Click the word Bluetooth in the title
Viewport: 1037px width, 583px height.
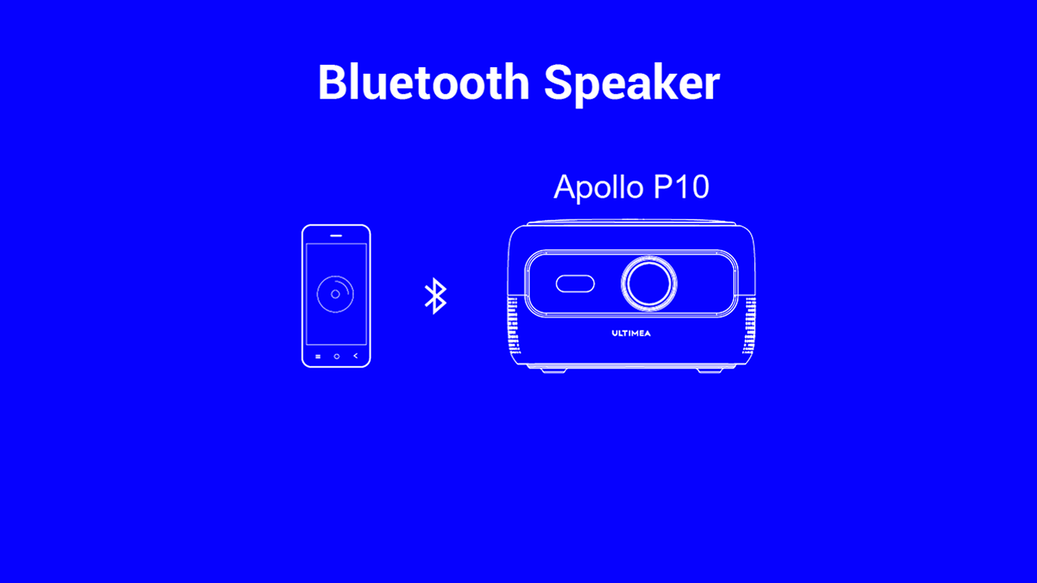pyautogui.click(x=424, y=83)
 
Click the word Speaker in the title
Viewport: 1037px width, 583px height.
pyautogui.click(x=632, y=86)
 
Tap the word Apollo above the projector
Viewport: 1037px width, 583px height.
pyautogui.click(x=599, y=188)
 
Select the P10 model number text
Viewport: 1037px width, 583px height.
pyautogui.click(x=681, y=186)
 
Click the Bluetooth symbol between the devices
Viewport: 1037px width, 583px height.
pyautogui.click(x=436, y=296)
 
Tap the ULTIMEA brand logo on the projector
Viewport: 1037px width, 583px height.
pyautogui.click(x=631, y=333)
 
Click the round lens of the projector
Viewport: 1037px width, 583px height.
pyautogui.click(x=649, y=283)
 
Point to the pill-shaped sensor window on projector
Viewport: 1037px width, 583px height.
pyautogui.click(x=575, y=283)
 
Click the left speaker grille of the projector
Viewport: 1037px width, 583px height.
pyautogui.click(x=513, y=326)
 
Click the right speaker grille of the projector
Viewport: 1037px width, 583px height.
pyautogui.click(x=749, y=326)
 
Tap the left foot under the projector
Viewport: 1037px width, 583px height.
pyautogui.click(x=553, y=370)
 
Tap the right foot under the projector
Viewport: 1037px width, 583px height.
pyautogui.click(x=710, y=370)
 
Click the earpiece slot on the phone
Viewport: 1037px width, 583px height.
pyautogui.click(x=336, y=236)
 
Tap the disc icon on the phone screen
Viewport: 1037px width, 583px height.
pyautogui.click(x=335, y=294)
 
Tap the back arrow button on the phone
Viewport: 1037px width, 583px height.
pyautogui.click(x=356, y=355)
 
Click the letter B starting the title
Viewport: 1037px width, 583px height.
pyautogui.click(x=332, y=82)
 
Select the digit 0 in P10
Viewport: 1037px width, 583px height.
pyautogui.click(x=698, y=187)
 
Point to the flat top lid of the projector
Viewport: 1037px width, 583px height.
pyautogui.click(x=631, y=223)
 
